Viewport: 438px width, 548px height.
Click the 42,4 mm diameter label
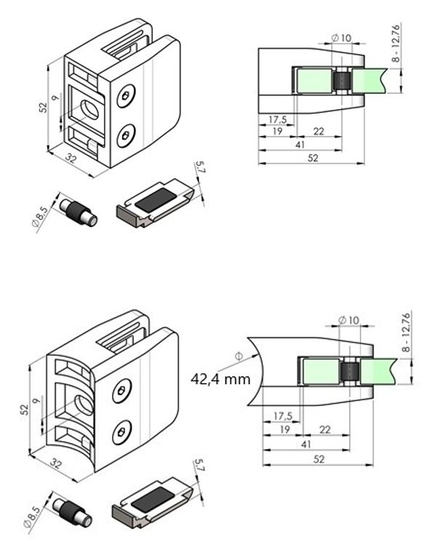220,379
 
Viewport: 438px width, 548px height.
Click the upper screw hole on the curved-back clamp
119,392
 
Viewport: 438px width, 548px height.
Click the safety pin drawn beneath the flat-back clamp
78,210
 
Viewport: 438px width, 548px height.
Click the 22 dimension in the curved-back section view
324,430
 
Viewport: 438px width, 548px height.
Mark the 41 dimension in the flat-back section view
299,145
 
